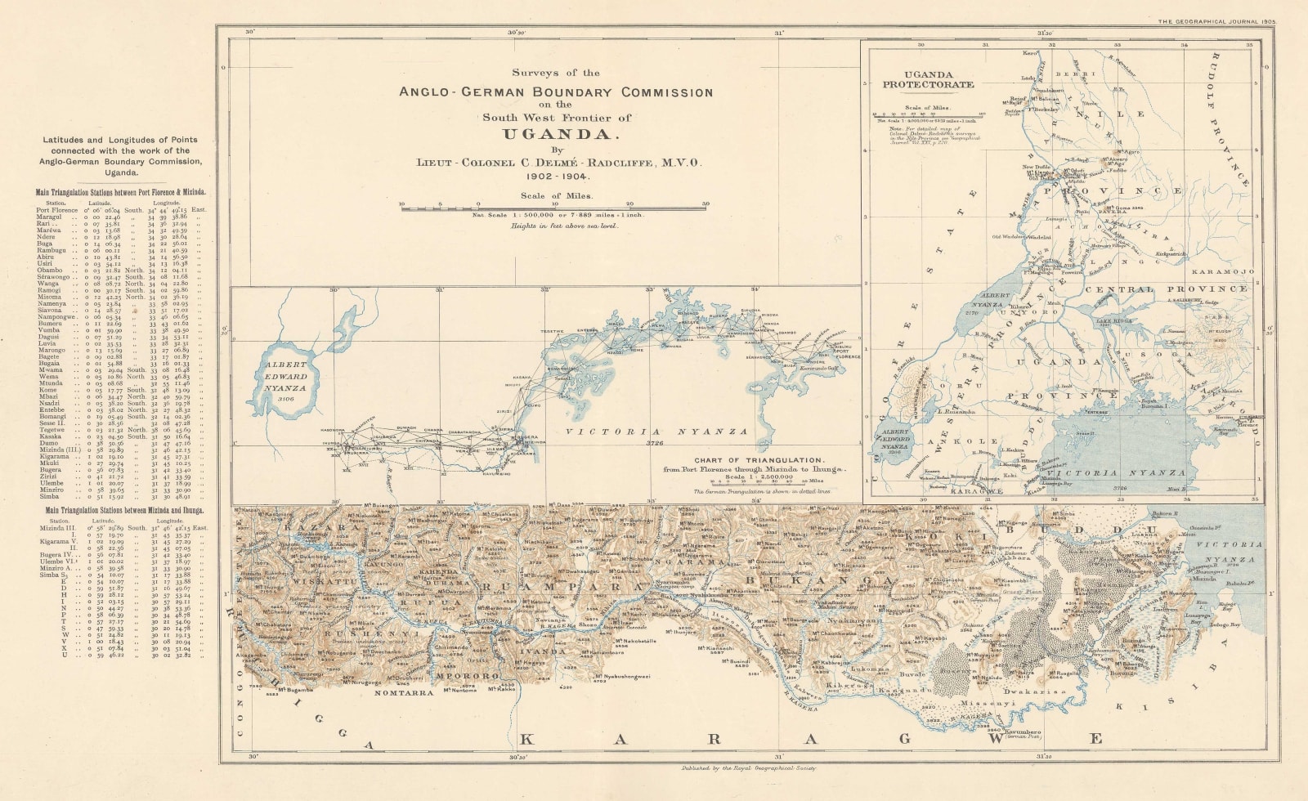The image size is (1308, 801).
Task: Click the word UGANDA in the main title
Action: [x=556, y=134]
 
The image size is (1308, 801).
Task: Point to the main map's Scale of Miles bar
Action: [x=553, y=208]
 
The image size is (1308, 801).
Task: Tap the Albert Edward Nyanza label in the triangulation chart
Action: [x=285, y=376]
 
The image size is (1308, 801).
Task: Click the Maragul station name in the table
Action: [x=49, y=217]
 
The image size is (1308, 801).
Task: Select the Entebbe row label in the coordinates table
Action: [x=50, y=410]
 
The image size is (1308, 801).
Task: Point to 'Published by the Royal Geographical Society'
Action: [x=746, y=768]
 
